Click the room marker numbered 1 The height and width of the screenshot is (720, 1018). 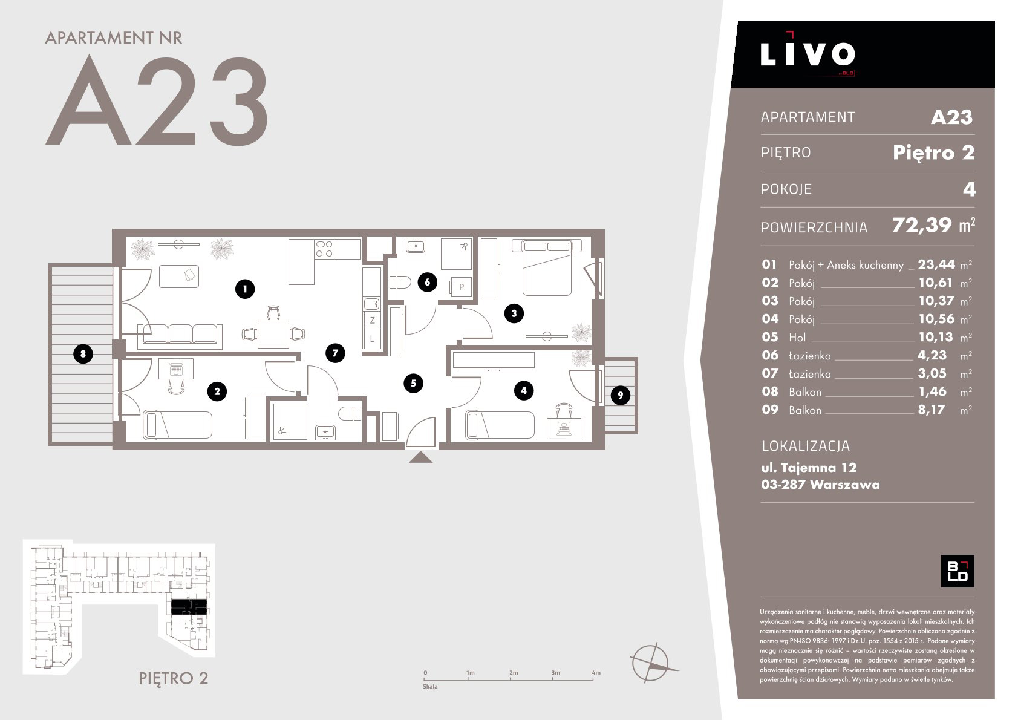[x=245, y=289]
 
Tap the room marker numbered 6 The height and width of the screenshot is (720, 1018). [x=427, y=283]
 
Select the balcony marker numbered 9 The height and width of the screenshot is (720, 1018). [x=621, y=396]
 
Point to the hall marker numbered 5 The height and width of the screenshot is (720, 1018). [x=413, y=383]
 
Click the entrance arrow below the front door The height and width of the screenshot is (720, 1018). [x=420, y=457]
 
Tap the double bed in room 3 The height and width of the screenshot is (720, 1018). [x=547, y=267]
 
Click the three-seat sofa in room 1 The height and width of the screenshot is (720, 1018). [x=180, y=337]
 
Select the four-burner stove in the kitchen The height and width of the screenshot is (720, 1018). [x=324, y=249]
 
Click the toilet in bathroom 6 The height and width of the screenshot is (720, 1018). [x=400, y=283]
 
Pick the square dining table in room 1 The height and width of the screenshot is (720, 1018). [x=273, y=335]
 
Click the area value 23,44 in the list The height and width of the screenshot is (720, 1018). [x=936, y=264]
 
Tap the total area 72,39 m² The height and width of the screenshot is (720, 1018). [x=933, y=226]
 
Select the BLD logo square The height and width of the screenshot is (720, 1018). [x=958, y=571]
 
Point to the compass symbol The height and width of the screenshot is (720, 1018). [x=651, y=663]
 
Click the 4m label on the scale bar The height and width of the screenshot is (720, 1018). [x=596, y=673]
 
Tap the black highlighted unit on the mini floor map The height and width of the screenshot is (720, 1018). [x=189, y=607]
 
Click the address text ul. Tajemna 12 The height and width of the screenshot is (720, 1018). [x=809, y=468]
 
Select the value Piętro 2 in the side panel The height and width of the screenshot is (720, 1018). [x=933, y=152]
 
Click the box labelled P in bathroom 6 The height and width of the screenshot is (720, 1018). [x=462, y=287]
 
